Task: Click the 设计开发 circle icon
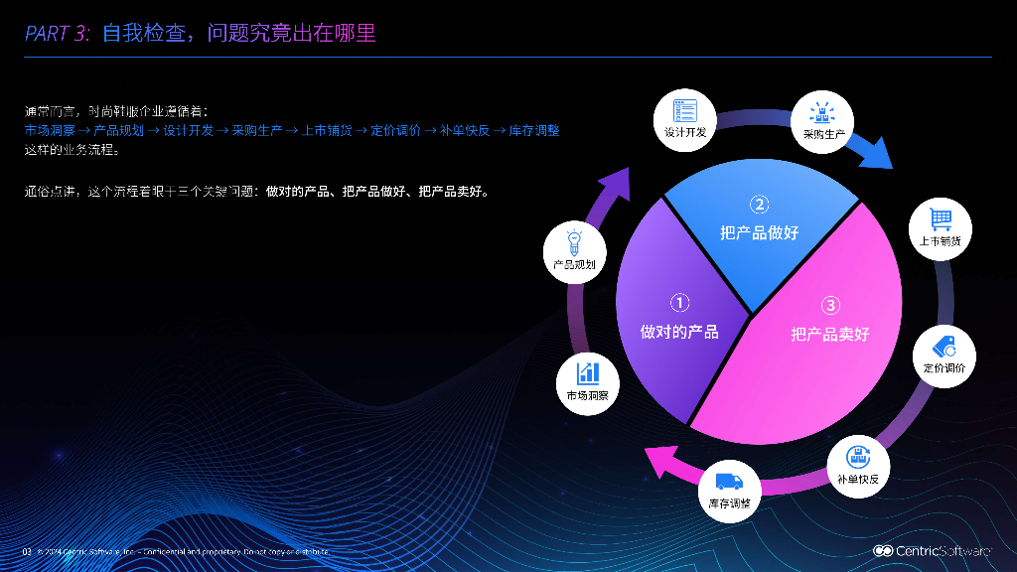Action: click(x=685, y=119)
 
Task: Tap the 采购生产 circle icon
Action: click(x=823, y=121)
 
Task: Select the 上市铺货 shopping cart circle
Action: click(x=940, y=228)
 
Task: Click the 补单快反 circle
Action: click(x=857, y=466)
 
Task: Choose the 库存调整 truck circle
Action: click(x=729, y=491)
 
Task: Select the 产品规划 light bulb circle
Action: click(x=574, y=251)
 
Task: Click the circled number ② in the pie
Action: click(x=760, y=206)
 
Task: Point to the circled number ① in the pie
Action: click(x=679, y=303)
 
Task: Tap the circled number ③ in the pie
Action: click(x=831, y=306)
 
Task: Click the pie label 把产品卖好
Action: click(x=830, y=334)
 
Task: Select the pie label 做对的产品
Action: click(x=679, y=332)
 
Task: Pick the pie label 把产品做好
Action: click(x=760, y=232)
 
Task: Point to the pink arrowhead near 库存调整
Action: click(x=658, y=461)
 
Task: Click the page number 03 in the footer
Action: click(x=28, y=551)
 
